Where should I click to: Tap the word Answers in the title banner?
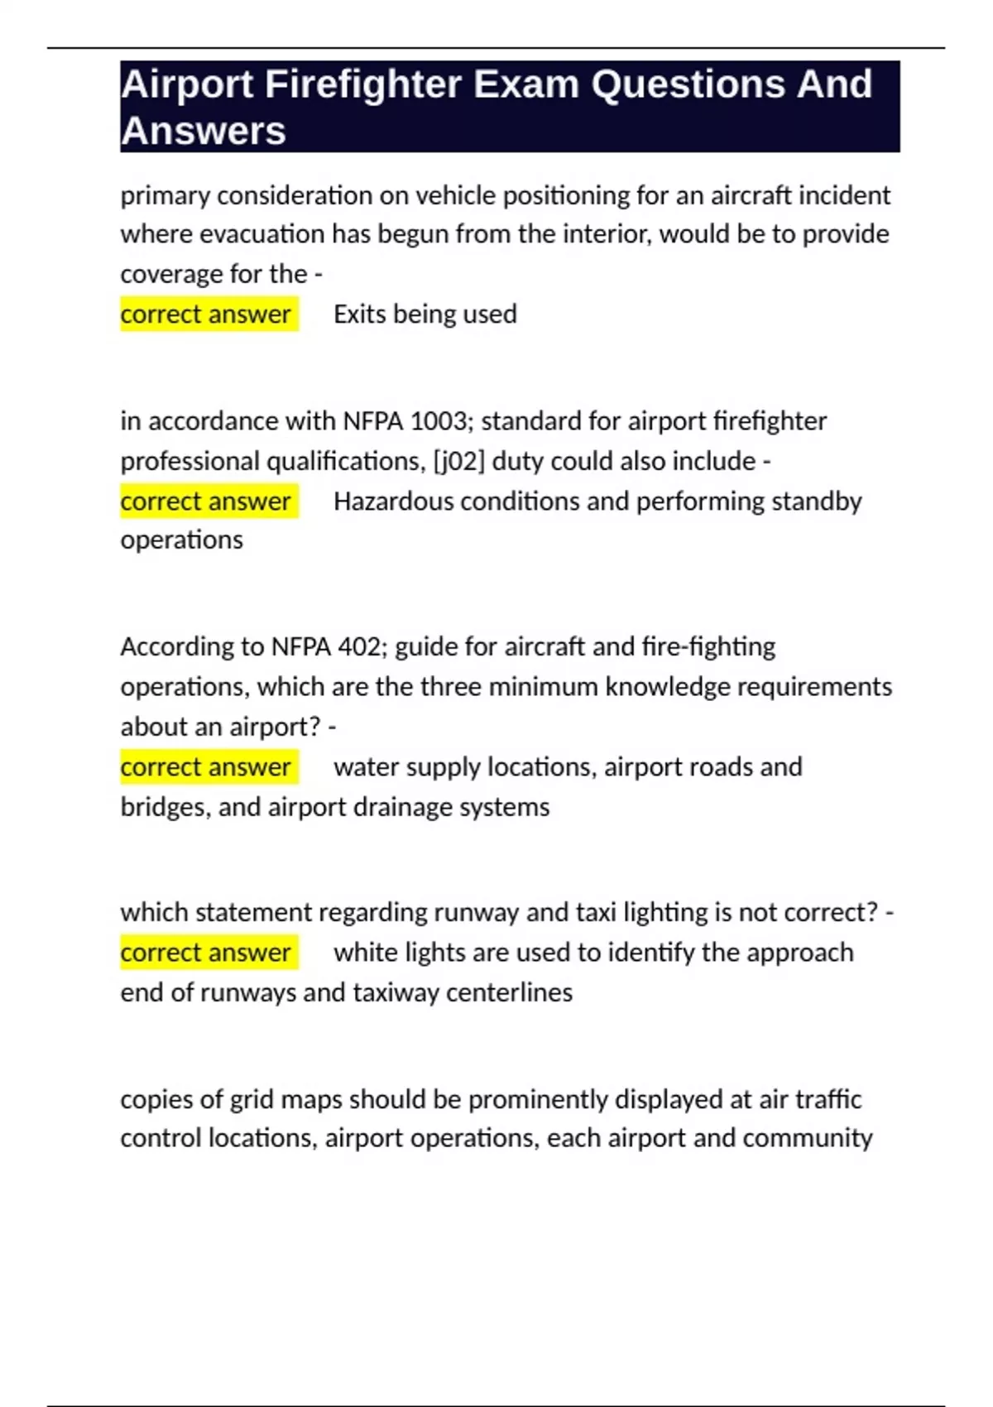(x=204, y=131)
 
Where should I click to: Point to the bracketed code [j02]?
(x=458, y=461)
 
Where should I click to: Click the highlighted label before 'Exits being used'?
(x=206, y=315)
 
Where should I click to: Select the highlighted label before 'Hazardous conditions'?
(x=206, y=502)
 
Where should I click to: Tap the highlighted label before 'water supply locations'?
(x=206, y=767)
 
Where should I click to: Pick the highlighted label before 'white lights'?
(x=206, y=953)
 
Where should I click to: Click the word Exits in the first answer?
(x=360, y=315)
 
